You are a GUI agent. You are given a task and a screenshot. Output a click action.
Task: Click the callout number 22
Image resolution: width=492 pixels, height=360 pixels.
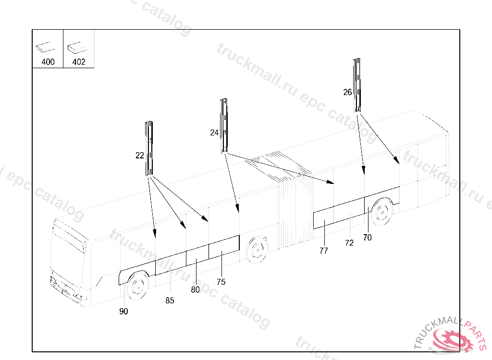click(x=140, y=155)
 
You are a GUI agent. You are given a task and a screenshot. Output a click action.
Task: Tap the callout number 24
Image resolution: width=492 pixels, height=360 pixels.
click(x=214, y=132)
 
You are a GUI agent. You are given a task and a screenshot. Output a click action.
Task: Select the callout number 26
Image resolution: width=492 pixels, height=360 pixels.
click(x=347, y=92)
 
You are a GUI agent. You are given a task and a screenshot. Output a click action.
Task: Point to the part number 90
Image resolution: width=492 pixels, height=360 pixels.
click(x=123, y=311)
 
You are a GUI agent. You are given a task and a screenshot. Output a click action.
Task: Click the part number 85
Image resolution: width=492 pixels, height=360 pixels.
click(x=170, y=300)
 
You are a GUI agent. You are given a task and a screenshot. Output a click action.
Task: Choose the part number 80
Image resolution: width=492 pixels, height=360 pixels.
click(x=195, y=289)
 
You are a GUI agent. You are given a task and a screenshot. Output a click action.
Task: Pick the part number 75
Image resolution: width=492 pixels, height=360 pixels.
click(x=221, y=282)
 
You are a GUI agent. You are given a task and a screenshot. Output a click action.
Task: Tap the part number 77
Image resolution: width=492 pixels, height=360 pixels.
click(x=323, y=251)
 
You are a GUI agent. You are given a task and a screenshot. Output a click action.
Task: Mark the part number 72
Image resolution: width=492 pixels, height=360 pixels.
click(x=349, y=243)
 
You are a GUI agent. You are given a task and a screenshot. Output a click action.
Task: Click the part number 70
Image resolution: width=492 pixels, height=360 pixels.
click(x=367, y=238)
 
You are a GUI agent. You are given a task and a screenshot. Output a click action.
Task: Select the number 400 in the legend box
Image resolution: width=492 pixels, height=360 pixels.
click(x=48, y=62)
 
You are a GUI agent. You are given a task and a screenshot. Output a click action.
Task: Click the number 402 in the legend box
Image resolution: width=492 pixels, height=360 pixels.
click(x=79, y=62)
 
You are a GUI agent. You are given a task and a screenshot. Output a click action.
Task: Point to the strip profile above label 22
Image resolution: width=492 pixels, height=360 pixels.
click(x=149, y=148)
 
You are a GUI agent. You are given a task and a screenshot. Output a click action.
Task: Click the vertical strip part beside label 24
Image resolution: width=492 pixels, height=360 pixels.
click(x=224, y=125)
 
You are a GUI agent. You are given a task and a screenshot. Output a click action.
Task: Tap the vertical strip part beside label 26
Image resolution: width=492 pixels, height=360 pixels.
click(x=357, y=85)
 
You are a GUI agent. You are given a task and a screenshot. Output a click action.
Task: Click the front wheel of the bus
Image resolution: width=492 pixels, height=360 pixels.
click(x=138, y=286)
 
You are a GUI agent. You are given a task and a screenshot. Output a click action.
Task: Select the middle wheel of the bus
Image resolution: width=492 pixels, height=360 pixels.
click(x=258, y=250)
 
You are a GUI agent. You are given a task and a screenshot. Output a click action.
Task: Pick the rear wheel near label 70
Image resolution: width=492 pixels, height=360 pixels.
click(x=381, y=212)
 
